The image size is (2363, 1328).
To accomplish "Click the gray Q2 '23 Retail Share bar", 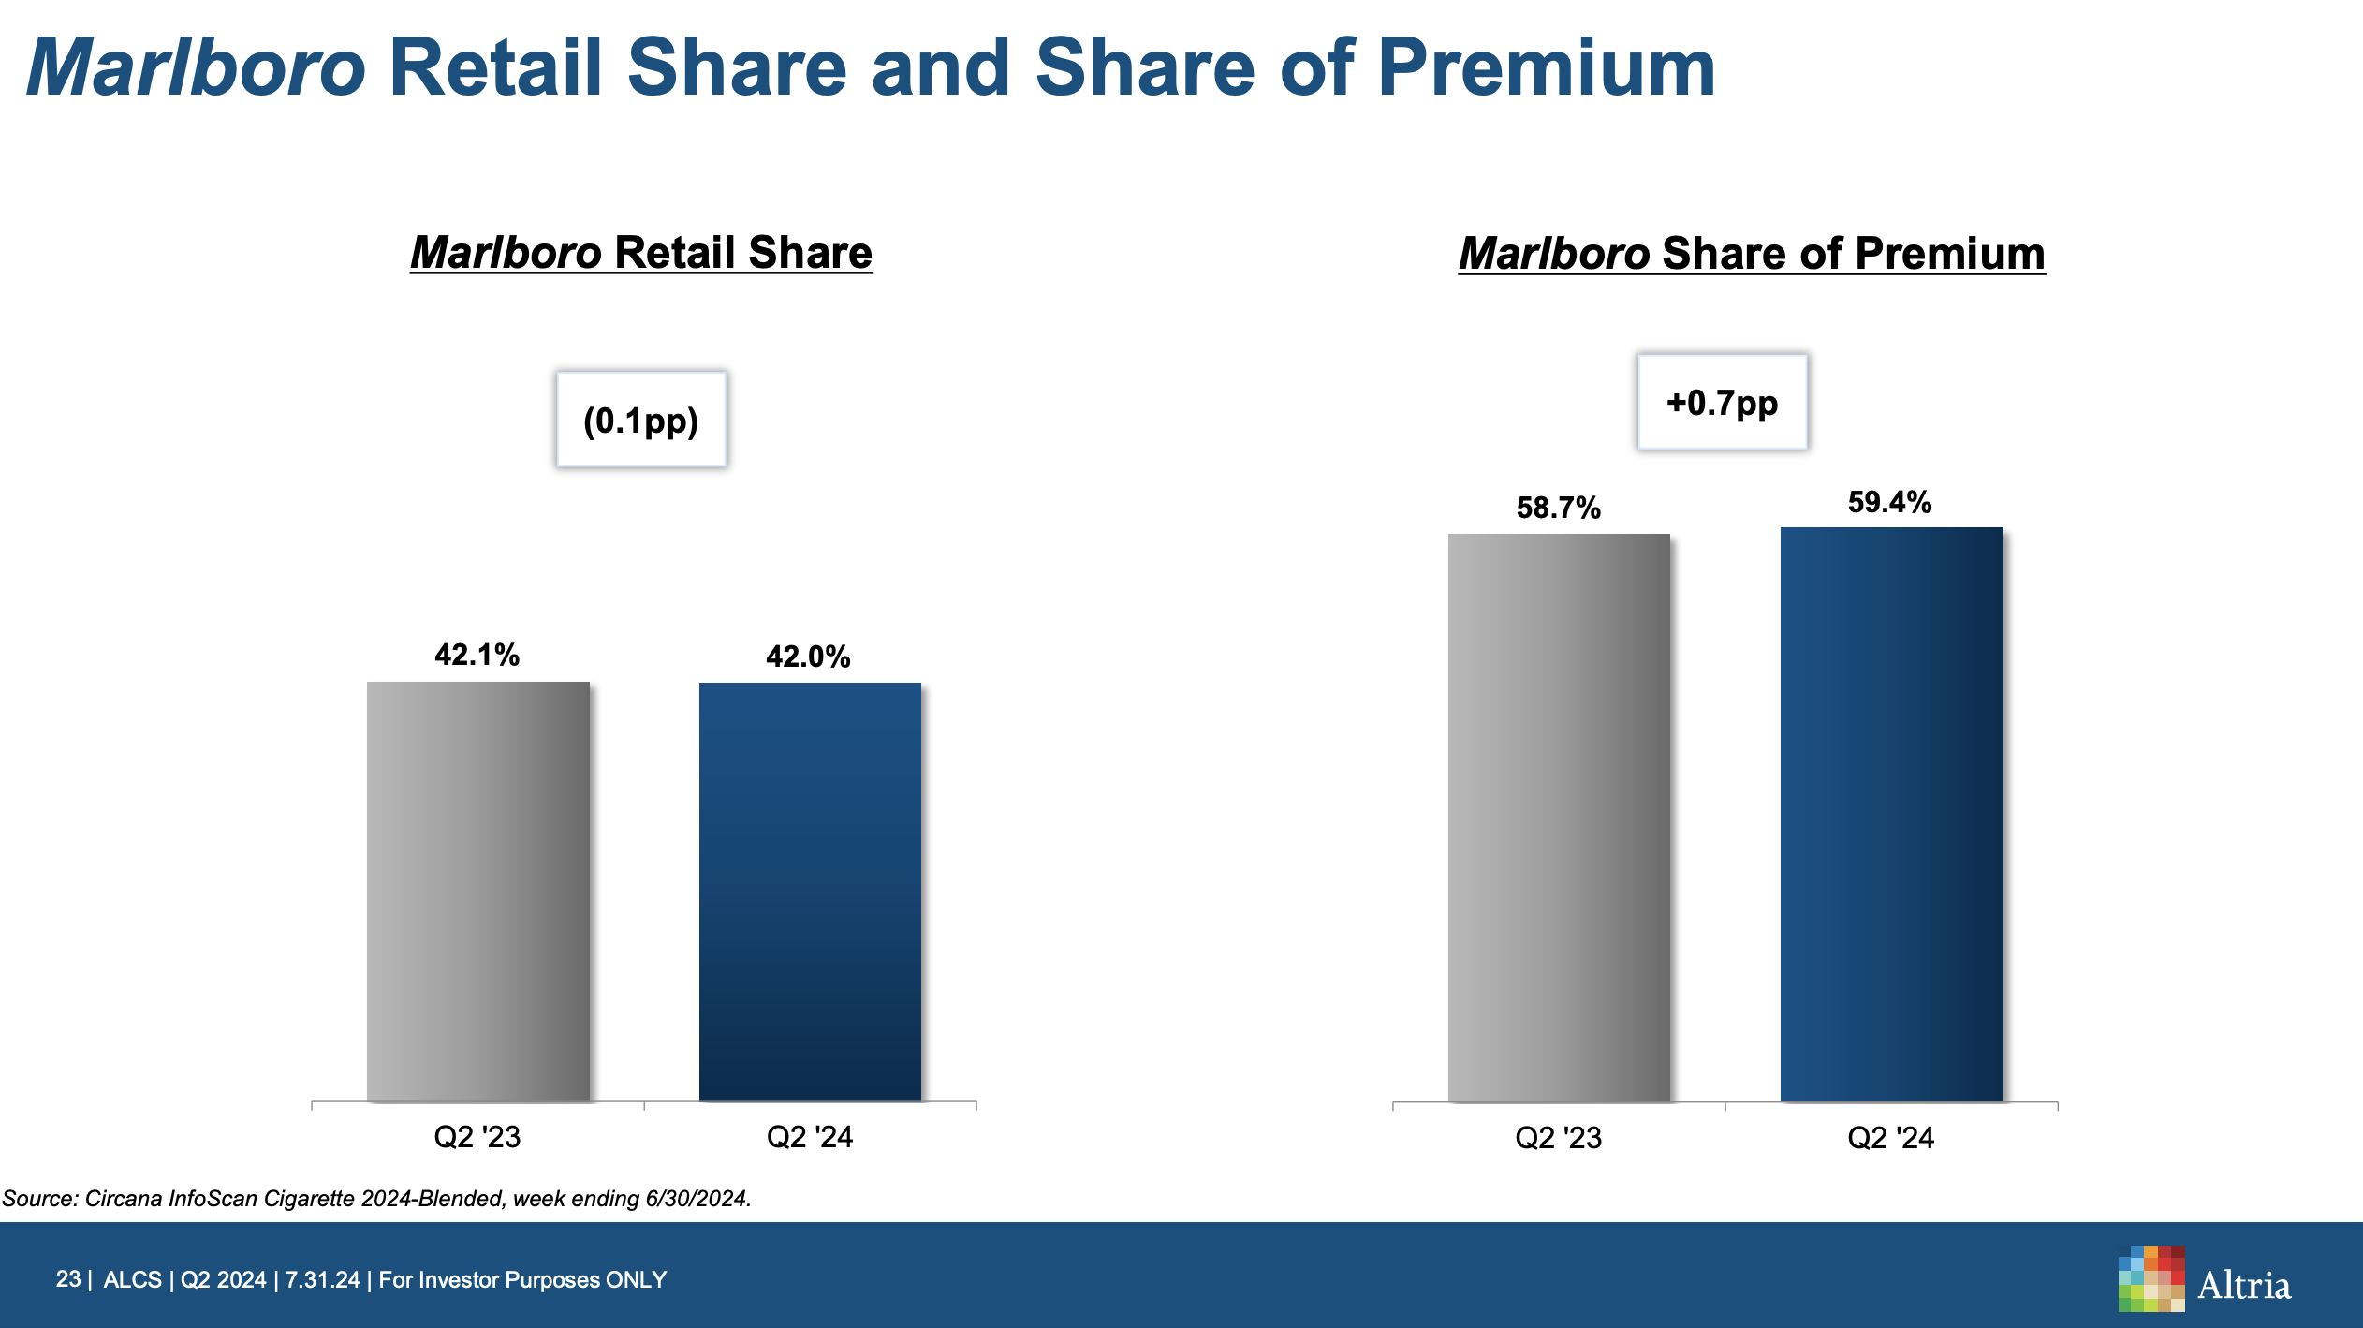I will point(477,890).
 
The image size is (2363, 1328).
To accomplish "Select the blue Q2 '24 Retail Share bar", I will point(810,890).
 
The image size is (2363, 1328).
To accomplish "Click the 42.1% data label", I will point(477,655).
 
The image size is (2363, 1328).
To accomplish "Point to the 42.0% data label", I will point(808,657).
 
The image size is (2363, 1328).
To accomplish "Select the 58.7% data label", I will point(1558,508).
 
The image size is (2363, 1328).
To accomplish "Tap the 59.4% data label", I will point(1889,502).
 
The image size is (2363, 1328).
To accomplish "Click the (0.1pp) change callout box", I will point(641,420).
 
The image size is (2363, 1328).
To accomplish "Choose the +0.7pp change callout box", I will point(1722,403).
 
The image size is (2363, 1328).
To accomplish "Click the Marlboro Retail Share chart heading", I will point(641,253).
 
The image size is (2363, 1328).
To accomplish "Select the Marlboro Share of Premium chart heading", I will point(1752,254).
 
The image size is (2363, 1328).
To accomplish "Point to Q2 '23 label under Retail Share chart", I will point(477,1137).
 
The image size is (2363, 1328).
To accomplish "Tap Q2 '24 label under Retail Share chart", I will point(810,1137).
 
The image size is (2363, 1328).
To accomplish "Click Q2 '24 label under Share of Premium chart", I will point(1890,1138).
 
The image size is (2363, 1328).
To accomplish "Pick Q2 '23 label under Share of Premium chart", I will point(1558,1138).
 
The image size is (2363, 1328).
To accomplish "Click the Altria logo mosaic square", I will point(2150,1278).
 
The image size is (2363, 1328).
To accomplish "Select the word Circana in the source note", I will point(123,1199).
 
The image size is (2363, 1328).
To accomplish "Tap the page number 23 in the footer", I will point(67,1279).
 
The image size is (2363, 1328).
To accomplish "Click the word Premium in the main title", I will point(1546,67).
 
